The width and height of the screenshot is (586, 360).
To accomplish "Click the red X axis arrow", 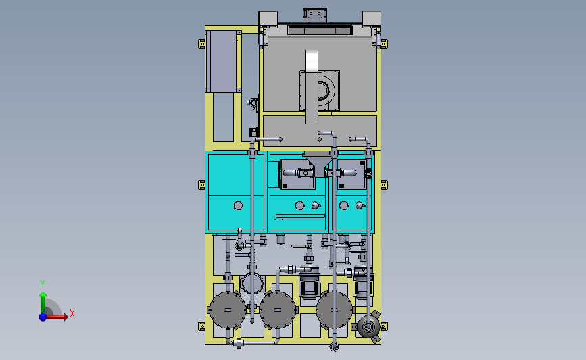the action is coord(57,317).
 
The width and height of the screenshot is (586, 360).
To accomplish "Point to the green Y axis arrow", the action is coord(43,303).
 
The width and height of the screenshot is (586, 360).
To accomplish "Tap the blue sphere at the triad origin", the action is coord(43,317).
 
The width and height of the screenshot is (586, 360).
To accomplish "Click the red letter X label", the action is coord(72,313).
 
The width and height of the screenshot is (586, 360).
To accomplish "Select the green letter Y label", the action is coord(43,284).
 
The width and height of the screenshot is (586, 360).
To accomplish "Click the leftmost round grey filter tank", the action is coord(228,310).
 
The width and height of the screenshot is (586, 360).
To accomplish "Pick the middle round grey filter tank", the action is coord(278,310).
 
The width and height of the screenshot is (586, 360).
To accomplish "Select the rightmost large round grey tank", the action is coord(335,310).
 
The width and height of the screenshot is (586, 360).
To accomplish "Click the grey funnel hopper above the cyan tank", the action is coord(316,163).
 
